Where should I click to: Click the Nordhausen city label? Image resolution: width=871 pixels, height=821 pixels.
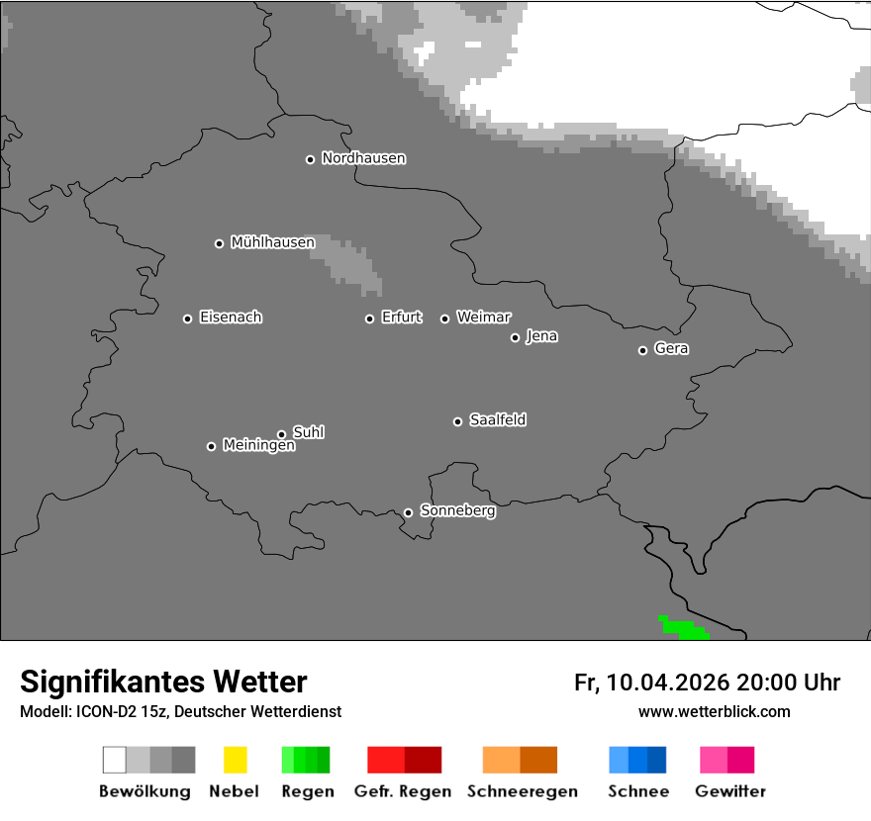point(363,158)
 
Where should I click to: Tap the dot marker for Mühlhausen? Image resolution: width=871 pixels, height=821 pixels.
point(219,243)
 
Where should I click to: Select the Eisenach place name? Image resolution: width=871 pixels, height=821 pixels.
point(231,318)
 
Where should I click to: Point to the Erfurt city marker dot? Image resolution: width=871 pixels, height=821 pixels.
point(369,319)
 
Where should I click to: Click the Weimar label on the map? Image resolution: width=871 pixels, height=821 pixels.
point(483,318)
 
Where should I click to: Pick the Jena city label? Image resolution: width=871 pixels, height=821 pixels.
point(541,336)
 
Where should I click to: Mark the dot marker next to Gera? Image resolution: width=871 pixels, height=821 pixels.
point(642,350)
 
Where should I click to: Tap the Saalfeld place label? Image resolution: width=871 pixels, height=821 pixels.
point(497,420)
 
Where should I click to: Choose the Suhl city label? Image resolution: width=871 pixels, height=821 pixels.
point(308,432)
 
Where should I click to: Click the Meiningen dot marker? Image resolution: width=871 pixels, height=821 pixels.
point(211,446)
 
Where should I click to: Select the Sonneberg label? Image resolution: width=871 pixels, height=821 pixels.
point(457,511)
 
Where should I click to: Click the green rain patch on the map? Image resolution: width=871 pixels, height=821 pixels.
point(682,626)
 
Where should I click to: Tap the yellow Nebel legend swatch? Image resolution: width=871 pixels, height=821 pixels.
point(235,760)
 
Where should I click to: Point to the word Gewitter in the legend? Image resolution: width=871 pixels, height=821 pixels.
point(729,791)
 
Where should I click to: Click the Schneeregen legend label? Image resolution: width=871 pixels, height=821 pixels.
point(522,791)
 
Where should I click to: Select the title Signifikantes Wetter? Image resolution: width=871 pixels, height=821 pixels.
point(163,683)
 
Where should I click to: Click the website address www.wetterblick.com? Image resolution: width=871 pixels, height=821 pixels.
point(714,711)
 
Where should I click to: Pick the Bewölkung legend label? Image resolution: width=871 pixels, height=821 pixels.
point(145,791)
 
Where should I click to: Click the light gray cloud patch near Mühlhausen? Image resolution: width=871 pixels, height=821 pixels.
point(349,262)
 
